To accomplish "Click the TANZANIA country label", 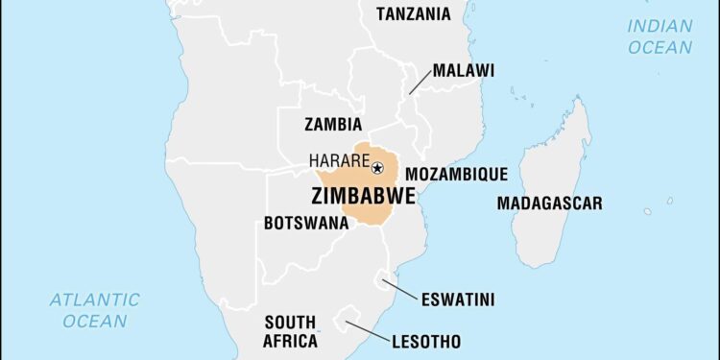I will click(x=414, y=13).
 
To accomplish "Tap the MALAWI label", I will click(x=463, y=70).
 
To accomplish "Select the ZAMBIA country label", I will click(x=333, y=124).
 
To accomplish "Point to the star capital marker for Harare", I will click(x=377, y=168).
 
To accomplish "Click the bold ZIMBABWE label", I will click(x=363, y=196).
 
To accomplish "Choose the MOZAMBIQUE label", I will click(x=456, y=174).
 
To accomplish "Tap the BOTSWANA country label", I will click(x=305, y=223).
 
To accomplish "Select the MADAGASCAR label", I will click(x=549, y=203).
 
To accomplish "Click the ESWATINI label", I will click(x=458, y=300).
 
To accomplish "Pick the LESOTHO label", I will click(x=426, y=341).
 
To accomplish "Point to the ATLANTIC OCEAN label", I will click(x=94, y=309).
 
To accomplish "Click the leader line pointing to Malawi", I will click(x=420, y=83).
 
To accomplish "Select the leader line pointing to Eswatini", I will click(x=400, y=289).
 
